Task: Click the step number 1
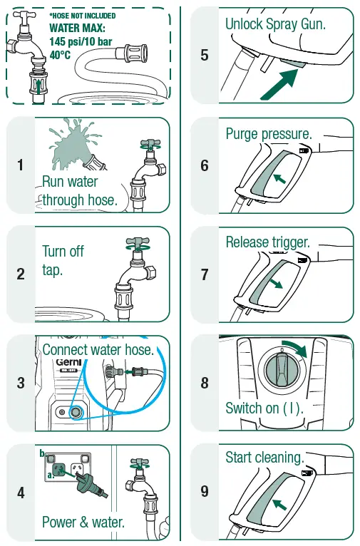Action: pos(21,165)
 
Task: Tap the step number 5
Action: pos(205,55)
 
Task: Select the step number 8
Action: pos(205,383)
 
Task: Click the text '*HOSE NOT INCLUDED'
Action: pos(82,16)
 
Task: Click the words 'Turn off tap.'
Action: pos(63,261)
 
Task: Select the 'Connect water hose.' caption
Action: pos(98,350)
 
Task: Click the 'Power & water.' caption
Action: pos(83,522)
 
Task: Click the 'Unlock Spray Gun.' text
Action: pos(275,24)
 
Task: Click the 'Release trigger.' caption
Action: pos(267,242)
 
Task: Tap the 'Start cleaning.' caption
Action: pos(264,457)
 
